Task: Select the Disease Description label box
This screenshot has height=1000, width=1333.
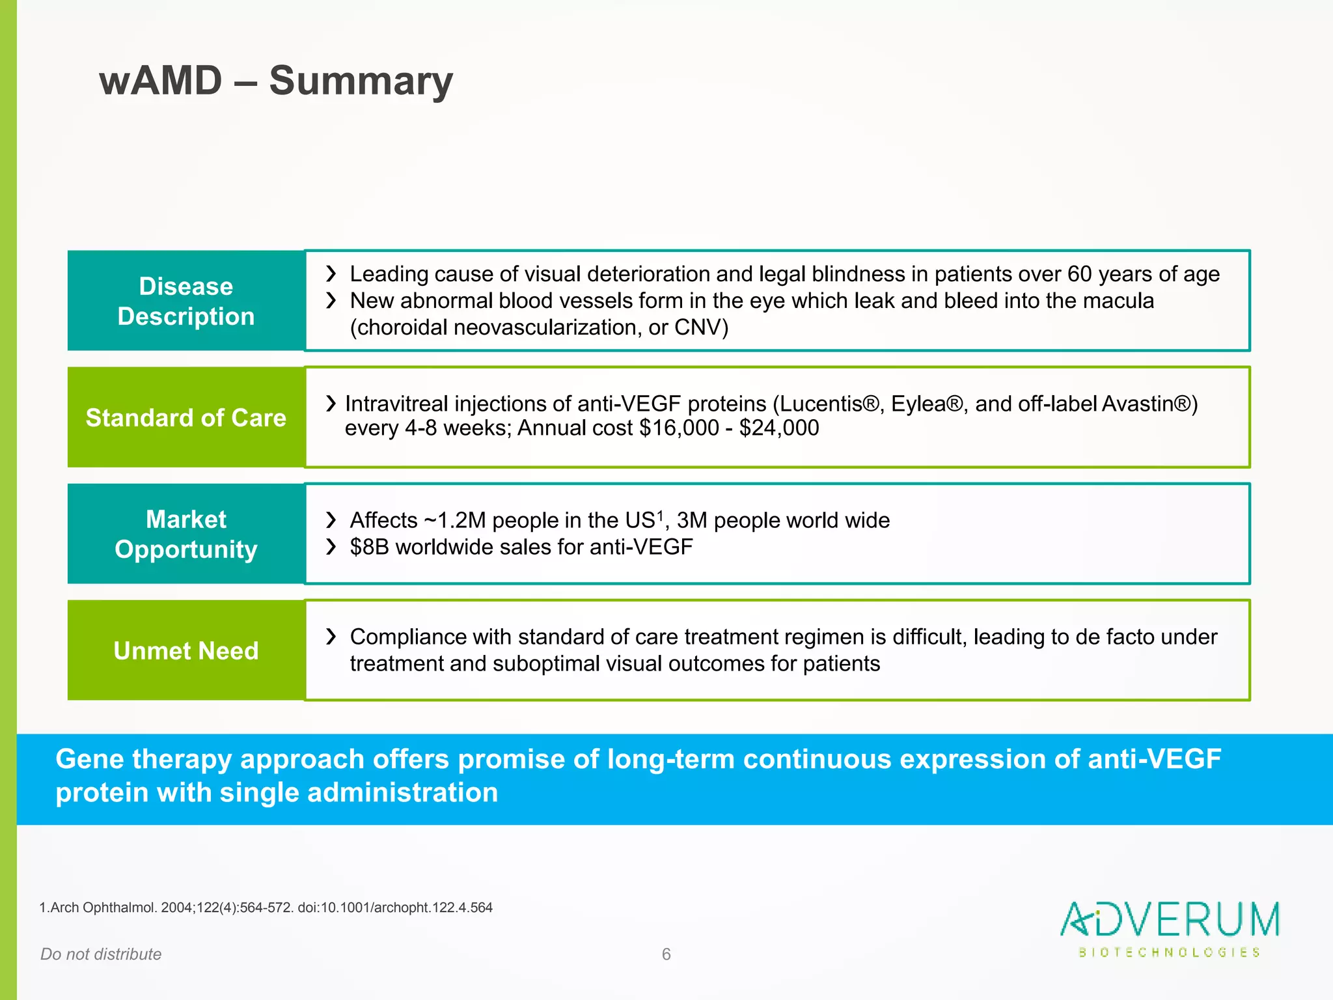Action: (186, 301)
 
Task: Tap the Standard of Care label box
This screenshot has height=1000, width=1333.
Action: (186, 417)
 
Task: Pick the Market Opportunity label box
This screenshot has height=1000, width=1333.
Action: (186, 534)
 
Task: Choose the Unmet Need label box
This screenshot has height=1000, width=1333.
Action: (186, 650)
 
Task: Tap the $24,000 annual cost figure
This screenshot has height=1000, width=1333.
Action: (779, 428)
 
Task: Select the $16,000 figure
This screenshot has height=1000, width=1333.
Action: (679, 428)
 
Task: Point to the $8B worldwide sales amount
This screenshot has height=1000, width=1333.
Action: (369, 547)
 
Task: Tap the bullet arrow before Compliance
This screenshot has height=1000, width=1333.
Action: (331, 636)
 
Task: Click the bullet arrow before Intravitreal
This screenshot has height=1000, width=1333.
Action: (331, 404)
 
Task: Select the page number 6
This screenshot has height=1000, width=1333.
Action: (666, 954)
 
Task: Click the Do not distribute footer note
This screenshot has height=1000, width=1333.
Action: (101, 954)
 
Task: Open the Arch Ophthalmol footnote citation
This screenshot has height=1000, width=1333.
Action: (266, 908)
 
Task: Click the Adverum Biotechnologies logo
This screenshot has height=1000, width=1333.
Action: (1170, 928)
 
